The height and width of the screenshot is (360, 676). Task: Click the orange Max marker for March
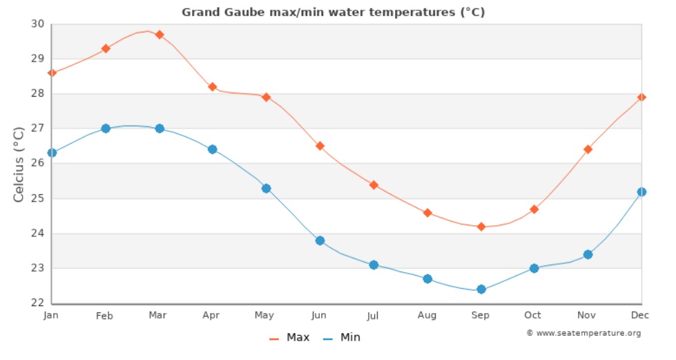point(160,35)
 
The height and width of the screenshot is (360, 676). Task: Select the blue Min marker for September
point(481,290)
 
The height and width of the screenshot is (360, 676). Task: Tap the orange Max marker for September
point(481,227)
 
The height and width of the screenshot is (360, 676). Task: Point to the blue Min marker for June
point(320,240)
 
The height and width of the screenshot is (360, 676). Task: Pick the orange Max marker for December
point(641,97)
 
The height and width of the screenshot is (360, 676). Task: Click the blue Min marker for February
point(106,129)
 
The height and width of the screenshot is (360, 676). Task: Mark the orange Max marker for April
point(213,87)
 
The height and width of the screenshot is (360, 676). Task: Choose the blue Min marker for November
point(588,254)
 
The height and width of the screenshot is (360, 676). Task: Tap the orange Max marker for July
point(374,185)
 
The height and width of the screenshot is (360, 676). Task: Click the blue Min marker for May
point(266,189)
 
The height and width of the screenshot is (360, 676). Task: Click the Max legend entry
point(290,338)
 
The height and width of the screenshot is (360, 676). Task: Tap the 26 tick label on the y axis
point(37,164)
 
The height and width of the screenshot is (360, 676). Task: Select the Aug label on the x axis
point(427,316)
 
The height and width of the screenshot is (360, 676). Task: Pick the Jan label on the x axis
point(51,316)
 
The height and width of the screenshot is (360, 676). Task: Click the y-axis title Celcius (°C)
point(19,164)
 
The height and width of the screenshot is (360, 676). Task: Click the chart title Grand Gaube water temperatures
point(334,12)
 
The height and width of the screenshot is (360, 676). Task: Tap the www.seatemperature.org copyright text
point(583,334)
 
